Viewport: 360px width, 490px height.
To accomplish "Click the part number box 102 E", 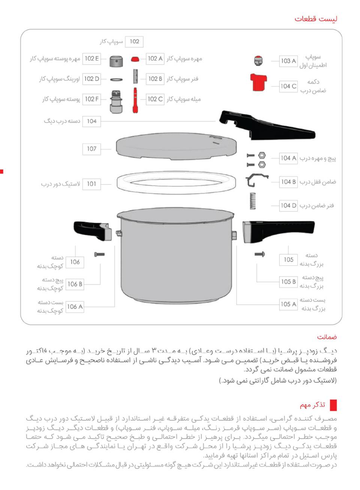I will click(91, 58).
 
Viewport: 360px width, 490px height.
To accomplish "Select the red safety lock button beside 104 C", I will click(258, 82).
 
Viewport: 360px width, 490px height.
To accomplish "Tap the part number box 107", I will click(91, 149).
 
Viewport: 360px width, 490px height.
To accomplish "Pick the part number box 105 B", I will click(288, 282).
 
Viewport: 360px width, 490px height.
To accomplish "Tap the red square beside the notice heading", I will click(333, 405).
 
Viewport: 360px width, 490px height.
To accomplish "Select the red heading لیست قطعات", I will click(316, 19).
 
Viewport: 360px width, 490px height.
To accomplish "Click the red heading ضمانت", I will click(327, 337).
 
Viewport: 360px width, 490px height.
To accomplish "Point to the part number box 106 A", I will click(75, 307).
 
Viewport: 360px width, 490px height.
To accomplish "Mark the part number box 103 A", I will click(288, 61).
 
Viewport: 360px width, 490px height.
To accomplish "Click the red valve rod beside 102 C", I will click(135, 100).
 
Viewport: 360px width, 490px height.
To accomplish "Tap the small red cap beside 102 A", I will click(135, 59).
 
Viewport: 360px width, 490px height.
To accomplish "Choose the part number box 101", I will click(91, 184).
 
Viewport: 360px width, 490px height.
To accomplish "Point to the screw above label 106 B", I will click(99, 254).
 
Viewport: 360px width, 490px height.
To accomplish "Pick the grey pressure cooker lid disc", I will click(176, 146).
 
